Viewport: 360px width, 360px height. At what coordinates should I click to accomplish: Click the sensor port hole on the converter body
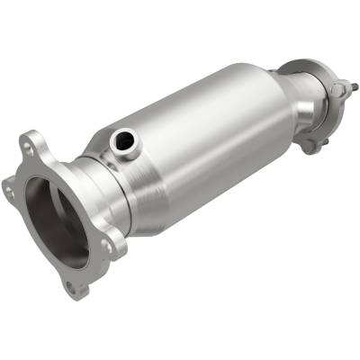coord(122,140)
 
